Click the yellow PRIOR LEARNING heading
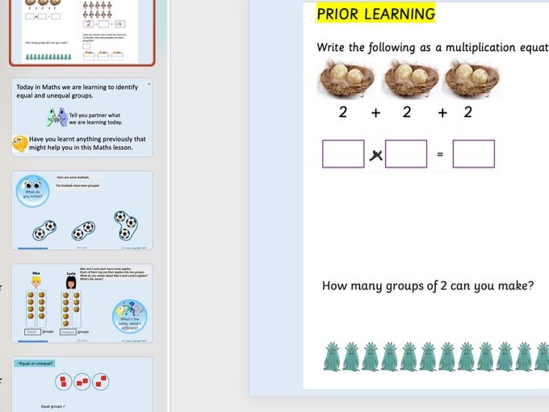coord(375,14)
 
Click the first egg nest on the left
coord(346,80)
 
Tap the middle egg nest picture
coord(409,80)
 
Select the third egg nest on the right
coord(471,80)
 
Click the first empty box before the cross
coord(343,153)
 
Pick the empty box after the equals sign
coord(473,153)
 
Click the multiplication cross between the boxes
coord(375,155)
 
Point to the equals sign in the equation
coord(440,154)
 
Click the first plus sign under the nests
coord(375,113)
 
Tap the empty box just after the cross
coord(406,153)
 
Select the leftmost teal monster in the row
coord(332,356)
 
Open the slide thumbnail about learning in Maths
coord(82,117)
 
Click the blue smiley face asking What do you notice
coord(32,191)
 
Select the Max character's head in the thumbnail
coord(36,283)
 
